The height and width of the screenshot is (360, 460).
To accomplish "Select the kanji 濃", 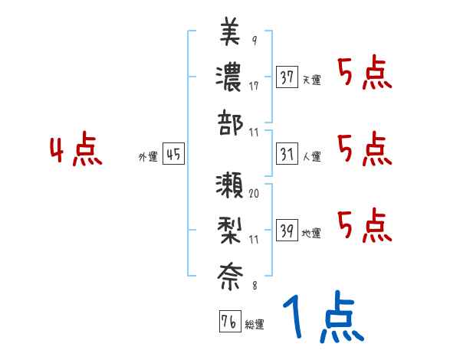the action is tap(230, 77).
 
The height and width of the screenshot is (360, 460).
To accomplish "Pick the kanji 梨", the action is tap(230, 229).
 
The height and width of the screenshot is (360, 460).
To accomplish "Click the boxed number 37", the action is tap(287, 77).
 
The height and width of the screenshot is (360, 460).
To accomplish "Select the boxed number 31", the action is tap(287, 154).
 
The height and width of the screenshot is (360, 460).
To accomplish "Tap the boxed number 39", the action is tap(287, 229).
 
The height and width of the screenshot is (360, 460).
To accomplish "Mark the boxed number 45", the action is tap(173, 154).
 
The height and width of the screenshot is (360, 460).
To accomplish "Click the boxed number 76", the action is tap(228, 322).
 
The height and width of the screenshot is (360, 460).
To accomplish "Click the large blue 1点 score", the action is tap(322, 318).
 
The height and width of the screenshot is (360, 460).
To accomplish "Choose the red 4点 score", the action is tap(75, 151).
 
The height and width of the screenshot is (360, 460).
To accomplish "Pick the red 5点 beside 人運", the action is tap(365, 149).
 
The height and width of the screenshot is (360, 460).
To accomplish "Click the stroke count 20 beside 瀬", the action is tap(254, 195).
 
